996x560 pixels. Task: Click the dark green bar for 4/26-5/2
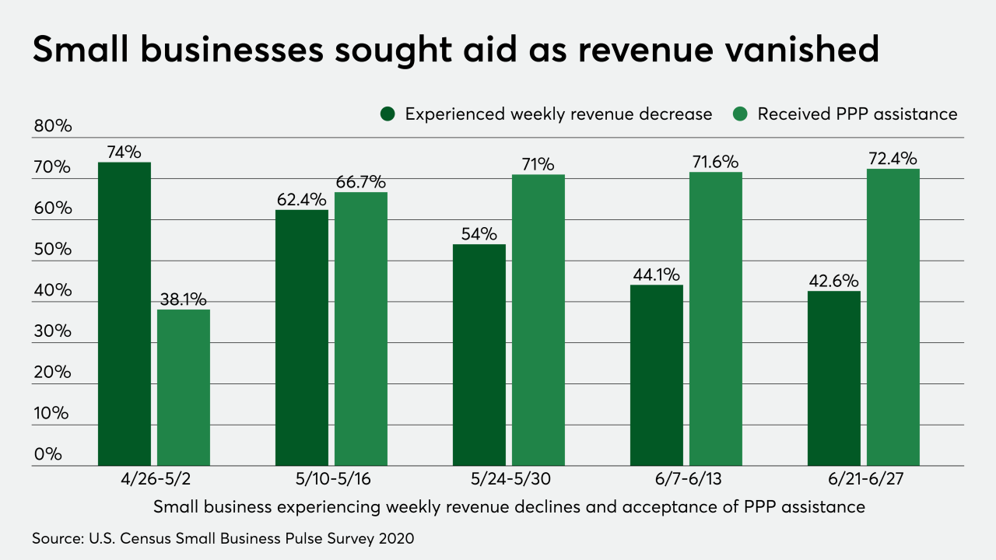pyautogui.click(x=124, y=314)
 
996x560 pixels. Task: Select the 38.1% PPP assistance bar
pyautogui.click(x=184, y=388)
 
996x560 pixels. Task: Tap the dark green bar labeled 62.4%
pyautogui.click(x=302, y=338)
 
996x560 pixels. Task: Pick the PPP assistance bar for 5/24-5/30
pyautogui.click(x=538, y=320)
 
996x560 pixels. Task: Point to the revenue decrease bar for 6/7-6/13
pyautogui.click(x=657, y=376)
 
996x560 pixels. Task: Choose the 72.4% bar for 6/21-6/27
pyautogui.click(x=893, y=317)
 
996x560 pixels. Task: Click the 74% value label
pyautogui.click(x=124, y=152)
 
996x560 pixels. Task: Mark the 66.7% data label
pyautogui.click(x=361, y=182)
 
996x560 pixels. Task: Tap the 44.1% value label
pyautogui.click(x=657, y=275)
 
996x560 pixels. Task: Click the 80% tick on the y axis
pyautogui.click(x=52, y=127)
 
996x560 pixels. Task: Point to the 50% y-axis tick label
pyautogui.click(x=52, y=250)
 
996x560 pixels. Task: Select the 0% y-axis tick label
pyautogui.click(x=47, y=454)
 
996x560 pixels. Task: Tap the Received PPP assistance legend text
pyautogui.click(x=857, y=114)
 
